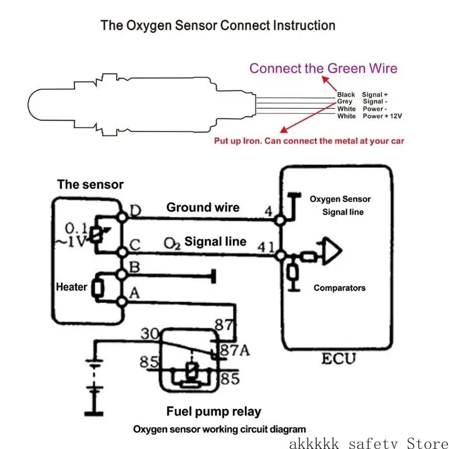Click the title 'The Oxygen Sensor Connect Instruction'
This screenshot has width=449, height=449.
[x=218, y=25]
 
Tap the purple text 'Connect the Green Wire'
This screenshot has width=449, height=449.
[x=323, y=68]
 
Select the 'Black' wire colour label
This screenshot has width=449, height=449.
[x=346, y=94]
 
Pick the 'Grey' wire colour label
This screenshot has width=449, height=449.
[x=345, y=102]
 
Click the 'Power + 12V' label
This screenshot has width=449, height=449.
[x=382, y=116]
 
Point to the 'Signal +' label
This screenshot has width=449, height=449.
[x=375, y=94]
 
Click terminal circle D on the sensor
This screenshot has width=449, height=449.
[x=122, y=217]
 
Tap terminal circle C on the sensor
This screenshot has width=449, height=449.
[x=122, y=252]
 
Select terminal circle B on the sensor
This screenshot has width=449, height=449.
[x=122, y=274]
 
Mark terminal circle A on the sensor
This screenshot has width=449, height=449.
[x=122, y=301]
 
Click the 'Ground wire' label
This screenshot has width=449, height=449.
[x=203, y=207]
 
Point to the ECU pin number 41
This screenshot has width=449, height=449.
[x=265, y=247]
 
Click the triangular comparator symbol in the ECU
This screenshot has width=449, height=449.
[x=332, y=250]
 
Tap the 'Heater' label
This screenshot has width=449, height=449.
[x=72, y=287]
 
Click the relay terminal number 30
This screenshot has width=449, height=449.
[x=150, y=333]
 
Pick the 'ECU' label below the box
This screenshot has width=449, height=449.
[x=338, y=359]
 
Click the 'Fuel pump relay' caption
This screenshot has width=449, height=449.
[x=214, y=411]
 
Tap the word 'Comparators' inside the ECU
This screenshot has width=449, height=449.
[x=340, y=288]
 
